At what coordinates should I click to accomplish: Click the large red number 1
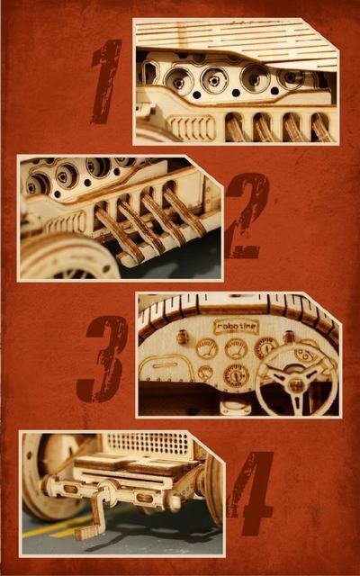pyautogui.click(x=107, y=82)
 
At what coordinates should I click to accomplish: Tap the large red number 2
pyautogui.click(x=246, y=217)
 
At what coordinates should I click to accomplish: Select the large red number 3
pyautogui.click(x=102, y=359)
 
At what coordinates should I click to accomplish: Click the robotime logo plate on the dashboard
pyautogui.click(x=236, y=327)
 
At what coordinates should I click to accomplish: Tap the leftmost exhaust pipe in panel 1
pyautogui.click(x=234, y=128)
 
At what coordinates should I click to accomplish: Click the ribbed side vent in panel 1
pyautogui.click(x=192, y=128)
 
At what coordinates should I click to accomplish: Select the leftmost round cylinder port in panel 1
pyautogui.click(x=179, y=82)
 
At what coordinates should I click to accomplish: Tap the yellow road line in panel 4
pyautogui.click(x=58, y=527)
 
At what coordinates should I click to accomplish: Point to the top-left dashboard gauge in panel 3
pyautogui.click(x=207, y=348)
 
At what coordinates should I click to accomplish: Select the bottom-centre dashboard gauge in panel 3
pyautogui.click(x=236, y=375)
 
